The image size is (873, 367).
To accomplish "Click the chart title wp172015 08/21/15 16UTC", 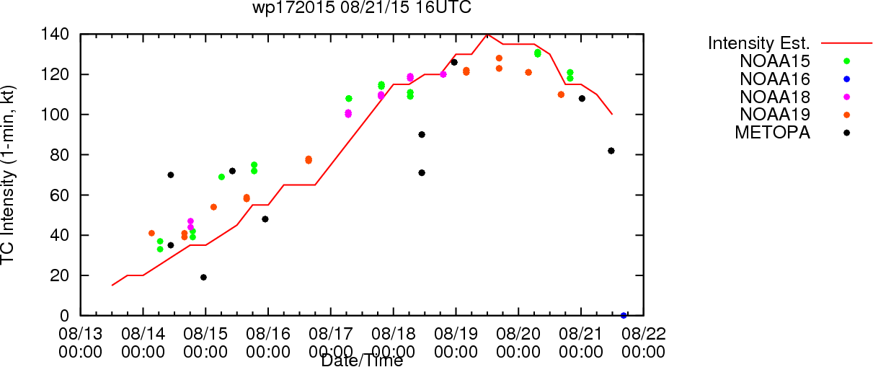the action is tap(362, 7).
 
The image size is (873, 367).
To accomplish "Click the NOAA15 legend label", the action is tap(775, 61).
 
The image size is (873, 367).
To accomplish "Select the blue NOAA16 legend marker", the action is tap(846, 79).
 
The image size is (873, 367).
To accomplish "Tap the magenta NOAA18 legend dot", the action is tap(846, 97).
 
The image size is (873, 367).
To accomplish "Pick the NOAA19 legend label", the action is tap(775, 115).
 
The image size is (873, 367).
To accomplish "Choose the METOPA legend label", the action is tap(773, 133).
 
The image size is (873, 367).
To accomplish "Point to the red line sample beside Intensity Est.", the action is tap(846, 43).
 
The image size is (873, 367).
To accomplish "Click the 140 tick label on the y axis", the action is tap(55, 35).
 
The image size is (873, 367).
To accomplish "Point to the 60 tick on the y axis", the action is tap(60, 195).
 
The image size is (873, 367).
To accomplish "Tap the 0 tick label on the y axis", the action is tap(65, 316).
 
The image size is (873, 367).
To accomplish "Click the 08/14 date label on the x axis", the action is tap(143, 334).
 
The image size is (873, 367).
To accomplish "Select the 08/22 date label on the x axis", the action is tap(644, 334).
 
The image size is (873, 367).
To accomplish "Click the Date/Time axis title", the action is tap(362, 361).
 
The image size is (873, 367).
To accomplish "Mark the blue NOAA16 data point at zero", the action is tap(624, 315).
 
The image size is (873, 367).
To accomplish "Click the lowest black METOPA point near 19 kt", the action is tap(203, 278).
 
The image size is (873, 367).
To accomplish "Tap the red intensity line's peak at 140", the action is tap(487, 35).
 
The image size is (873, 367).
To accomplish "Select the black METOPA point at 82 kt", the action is tap(611, 151).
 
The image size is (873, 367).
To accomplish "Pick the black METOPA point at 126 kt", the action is tap(454, 62).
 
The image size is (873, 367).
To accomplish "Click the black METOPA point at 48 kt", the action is tap(265, 219).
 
